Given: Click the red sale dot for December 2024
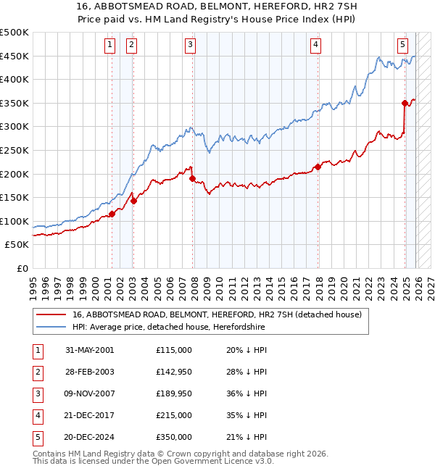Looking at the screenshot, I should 405,103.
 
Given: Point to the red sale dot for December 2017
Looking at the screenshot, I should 318,167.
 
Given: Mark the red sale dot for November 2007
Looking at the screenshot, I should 192,178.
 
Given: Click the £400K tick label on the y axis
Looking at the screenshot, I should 14,80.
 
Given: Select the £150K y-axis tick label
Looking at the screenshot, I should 14,198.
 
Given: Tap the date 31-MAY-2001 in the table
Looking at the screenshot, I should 89,350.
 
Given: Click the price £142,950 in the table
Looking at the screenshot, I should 173,372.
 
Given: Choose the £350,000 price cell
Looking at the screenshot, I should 173,437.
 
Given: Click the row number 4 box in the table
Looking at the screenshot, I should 36,415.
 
